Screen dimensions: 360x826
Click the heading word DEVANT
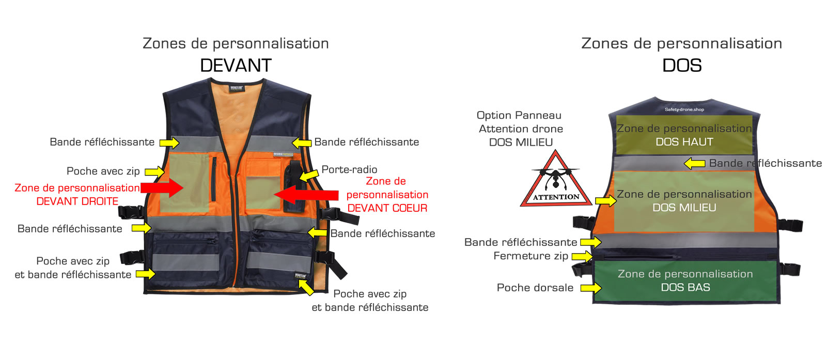tap(236, 66)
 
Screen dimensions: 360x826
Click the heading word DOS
tap(682, 66)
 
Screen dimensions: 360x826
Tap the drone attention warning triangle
tap(555, 181)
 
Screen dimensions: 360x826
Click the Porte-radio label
tap(349, 169)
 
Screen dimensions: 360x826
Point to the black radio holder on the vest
tap(292, 186)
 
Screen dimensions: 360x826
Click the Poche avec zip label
tap(103, 171)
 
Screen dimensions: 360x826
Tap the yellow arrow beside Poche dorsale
tap(591, 288)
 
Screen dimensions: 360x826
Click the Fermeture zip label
tap(531, 256)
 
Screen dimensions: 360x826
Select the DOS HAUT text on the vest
tap(684, 142)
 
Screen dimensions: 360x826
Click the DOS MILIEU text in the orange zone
tap(684, 208)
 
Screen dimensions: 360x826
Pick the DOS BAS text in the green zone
tap(685, 287)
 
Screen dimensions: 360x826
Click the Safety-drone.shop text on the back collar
tap(684, 109)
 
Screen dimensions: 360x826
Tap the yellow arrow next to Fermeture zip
tap(582, 256)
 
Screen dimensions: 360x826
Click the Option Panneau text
tap(519, 115)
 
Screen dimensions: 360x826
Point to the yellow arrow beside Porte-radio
tap(309, 176)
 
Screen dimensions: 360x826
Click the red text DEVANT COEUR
tap(387, 208)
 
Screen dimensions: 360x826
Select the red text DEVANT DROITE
tap(77, 201)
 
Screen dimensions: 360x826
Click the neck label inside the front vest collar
tap(237, 88)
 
